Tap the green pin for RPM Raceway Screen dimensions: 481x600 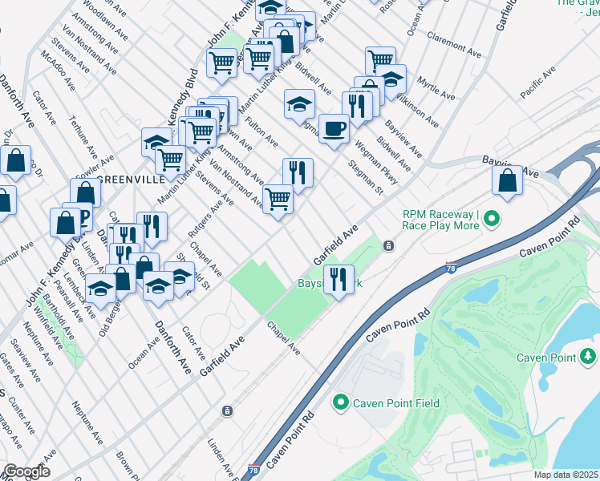[493, 219]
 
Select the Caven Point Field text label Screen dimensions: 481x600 [398, 403]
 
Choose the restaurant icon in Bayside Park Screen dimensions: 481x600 [339, 279]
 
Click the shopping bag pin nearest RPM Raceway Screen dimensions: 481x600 [508, 180]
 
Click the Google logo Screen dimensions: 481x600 [26, 471]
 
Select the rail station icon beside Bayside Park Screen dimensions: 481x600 [388, 245]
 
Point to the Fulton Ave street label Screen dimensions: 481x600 [262, 132]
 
